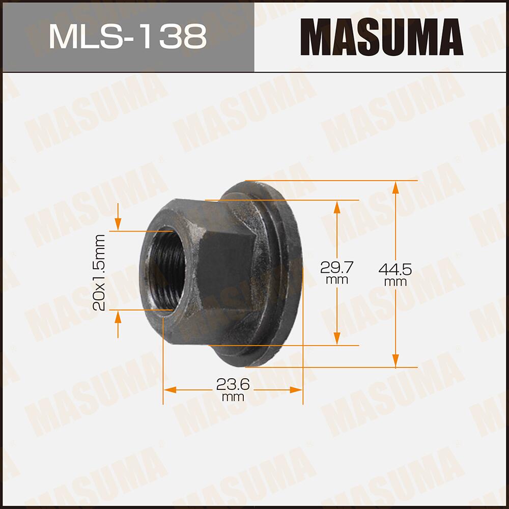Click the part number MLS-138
(x=127, y=37)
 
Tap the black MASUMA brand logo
(x=382, y=37)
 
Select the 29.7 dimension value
(x=336, y=266)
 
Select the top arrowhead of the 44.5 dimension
(x=395, y=187)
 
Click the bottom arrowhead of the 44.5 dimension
(x=395, y=361)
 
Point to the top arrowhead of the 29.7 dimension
(x=336, y=206)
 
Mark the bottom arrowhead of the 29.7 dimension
(x=336, y=338)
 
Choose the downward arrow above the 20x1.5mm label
(x=118, y=224)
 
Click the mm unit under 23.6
(x=233, y=398)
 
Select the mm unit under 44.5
(x=395, y=282)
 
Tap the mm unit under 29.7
(x=336, y=280)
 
